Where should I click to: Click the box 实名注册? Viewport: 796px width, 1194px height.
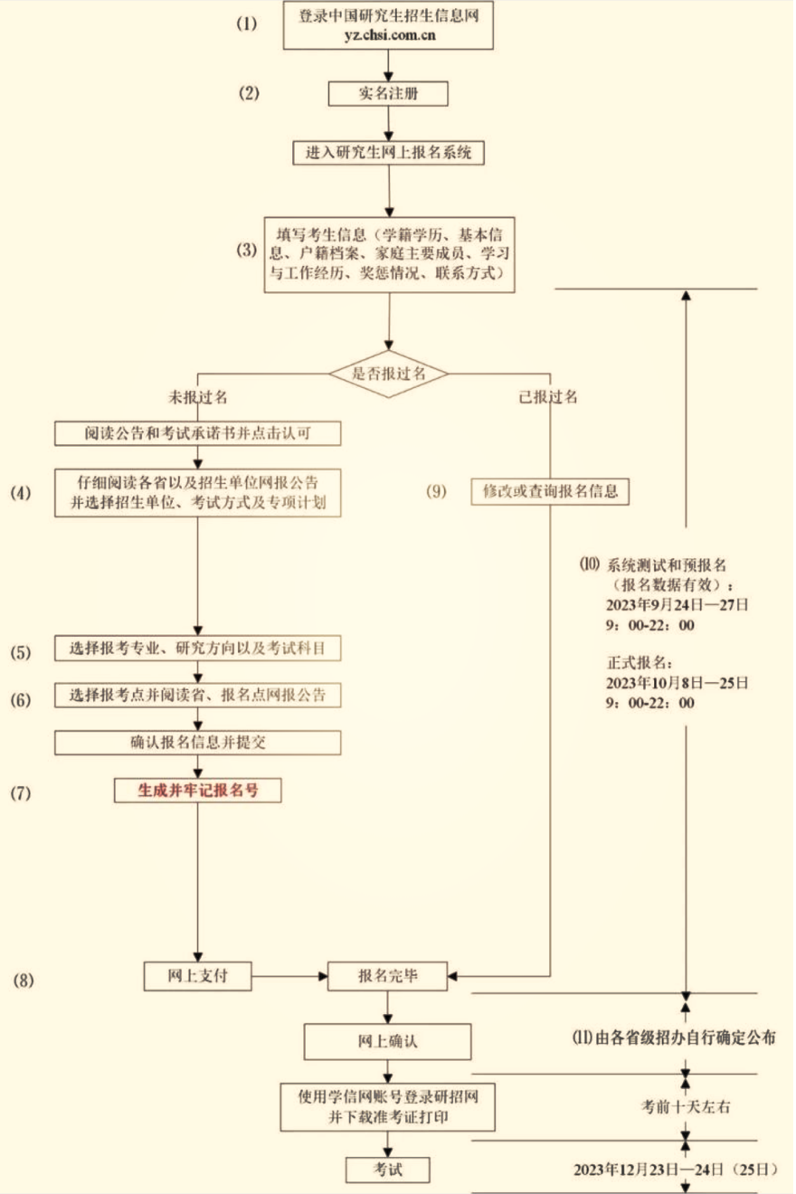pos(387,94)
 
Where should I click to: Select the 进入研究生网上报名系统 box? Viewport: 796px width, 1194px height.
pos(388,153)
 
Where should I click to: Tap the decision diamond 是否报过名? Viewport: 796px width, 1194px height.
pos(389,372)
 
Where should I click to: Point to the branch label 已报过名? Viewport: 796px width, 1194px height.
pos(548,397)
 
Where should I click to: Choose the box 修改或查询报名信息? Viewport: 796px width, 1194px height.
pos(550,491)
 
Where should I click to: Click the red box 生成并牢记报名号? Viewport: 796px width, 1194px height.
pos(197,790)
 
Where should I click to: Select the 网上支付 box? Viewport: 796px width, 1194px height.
pos(197,976)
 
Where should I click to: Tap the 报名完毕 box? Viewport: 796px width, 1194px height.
pos(388,976)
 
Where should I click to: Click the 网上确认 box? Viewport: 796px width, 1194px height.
pos(387,1041)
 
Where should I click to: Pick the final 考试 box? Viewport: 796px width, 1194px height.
pos(388,1170)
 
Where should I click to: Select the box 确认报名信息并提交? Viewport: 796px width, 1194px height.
pos(197,743)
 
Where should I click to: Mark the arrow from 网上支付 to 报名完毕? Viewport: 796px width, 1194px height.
pos(289,976)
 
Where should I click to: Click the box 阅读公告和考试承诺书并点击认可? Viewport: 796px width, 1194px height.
pos(197,433)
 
